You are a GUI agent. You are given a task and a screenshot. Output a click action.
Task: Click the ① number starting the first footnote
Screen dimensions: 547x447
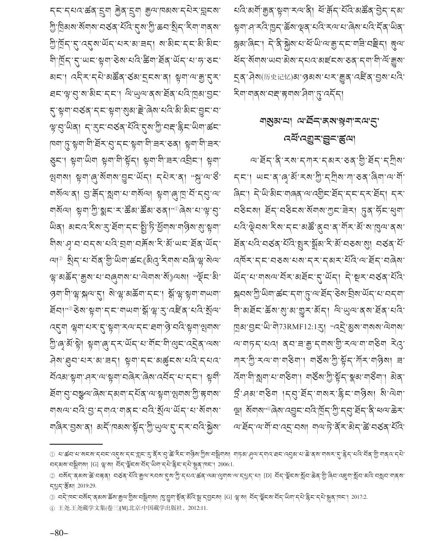pos(52,455)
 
